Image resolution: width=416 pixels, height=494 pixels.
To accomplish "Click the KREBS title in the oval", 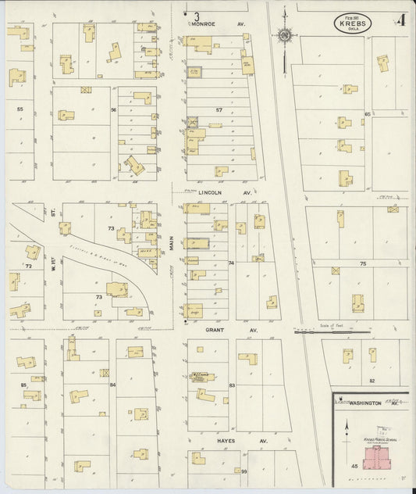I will [354, 24].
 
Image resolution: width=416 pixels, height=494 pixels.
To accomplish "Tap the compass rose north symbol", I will [285, 35].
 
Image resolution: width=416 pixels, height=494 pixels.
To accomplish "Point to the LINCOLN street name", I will [211, 192].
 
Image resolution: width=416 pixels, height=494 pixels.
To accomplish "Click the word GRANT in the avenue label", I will [215, 331].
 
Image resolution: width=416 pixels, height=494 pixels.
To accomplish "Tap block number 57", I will [219, 110].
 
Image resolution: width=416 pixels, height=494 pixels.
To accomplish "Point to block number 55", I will [20, 109].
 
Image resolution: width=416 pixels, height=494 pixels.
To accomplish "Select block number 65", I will [367, 114].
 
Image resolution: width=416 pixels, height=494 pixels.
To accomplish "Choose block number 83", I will [232, 387].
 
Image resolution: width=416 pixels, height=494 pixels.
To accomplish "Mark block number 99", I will [244, 471].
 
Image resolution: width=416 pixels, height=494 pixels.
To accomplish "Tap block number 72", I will [29, 267].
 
